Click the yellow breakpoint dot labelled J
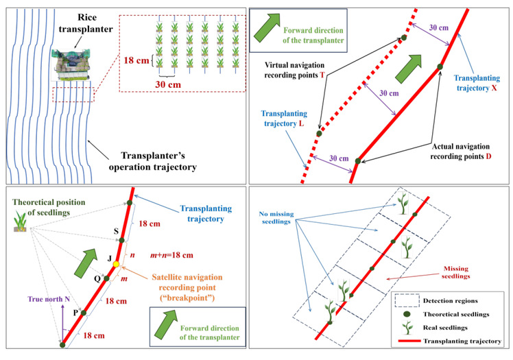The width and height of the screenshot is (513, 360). (116, 265)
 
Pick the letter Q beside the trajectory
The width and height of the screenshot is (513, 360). (97, 278)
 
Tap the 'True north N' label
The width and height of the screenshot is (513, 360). (49, 298)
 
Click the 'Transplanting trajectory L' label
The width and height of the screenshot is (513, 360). (281, 122)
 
